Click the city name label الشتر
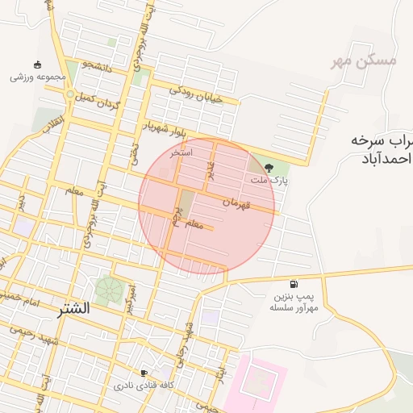click(73, 308)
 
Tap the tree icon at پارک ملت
click(269, 168)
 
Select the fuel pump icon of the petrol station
click(294, 284)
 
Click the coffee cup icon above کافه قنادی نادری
click(144, 373)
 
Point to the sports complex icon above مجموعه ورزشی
click(36, 65)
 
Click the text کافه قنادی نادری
click(144, 386)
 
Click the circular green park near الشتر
click(106, 289)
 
